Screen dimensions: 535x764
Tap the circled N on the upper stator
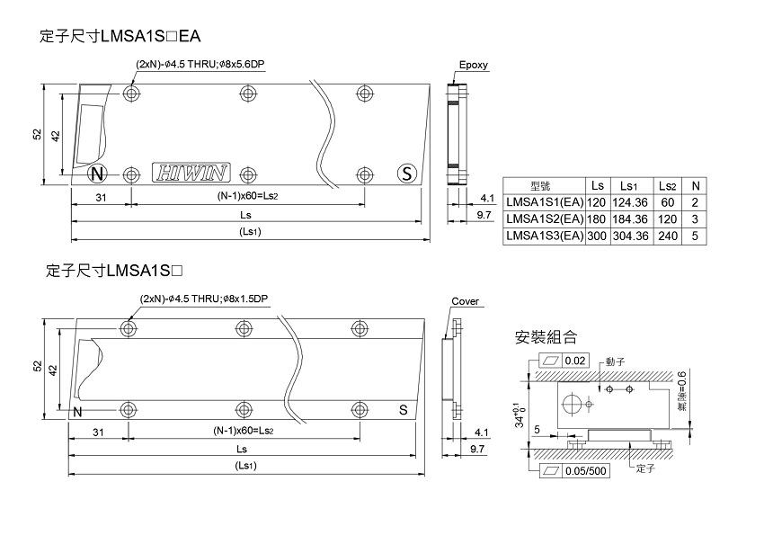[x=98, y=174]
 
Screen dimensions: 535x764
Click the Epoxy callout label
[x=473, y=66]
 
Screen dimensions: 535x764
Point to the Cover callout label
[x=466, y=301]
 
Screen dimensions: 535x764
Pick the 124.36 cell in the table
[x=629, y=202]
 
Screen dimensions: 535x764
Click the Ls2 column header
[x=667, y=186]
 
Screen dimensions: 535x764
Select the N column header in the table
[x=695, y=186]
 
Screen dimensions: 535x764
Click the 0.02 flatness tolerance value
[x=574, y=361]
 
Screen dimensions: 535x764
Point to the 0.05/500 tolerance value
[x=585, y=470]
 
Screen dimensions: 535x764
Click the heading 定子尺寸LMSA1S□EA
[x=121, y=37]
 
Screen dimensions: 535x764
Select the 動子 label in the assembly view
[x=615, y=361]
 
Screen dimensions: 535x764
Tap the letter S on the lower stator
[x=404, y=411]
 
